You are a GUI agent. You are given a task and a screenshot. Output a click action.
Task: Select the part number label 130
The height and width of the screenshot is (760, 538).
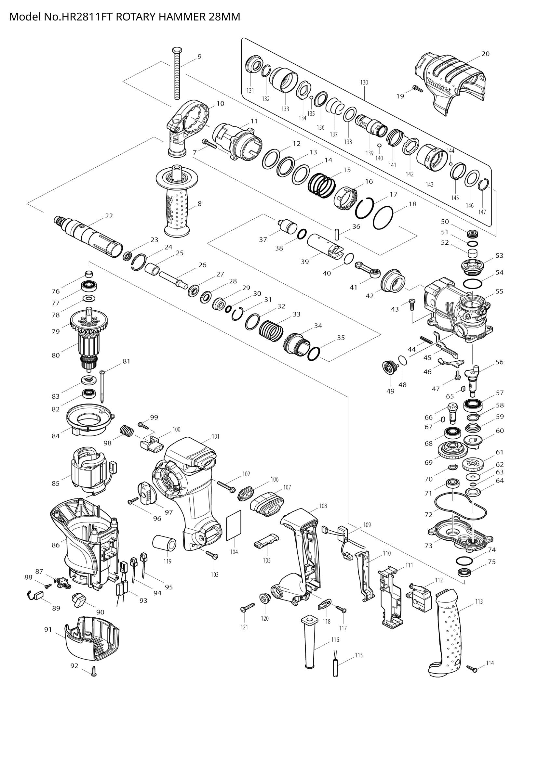pyautogui.click(x=364, y=83)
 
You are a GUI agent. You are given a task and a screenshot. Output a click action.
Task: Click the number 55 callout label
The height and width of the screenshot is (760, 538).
pyautogui.click(x=499, y=291)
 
